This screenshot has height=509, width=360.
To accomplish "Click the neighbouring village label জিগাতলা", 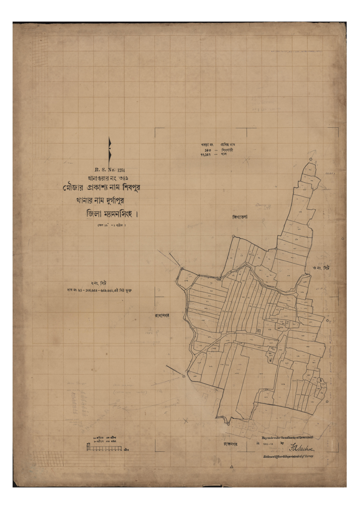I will [240, 217].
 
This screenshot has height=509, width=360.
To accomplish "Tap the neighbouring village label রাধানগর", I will [162, 316].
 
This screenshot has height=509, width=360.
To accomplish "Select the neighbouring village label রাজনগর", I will [231, 444].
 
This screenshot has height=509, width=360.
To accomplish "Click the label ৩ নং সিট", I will [321, 268].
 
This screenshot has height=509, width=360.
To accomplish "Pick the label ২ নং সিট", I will [99, 283].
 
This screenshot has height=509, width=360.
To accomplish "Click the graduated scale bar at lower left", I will [104, 448].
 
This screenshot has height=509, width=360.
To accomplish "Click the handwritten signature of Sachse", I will [302, 448].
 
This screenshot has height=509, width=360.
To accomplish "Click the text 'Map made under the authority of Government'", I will [287, 438].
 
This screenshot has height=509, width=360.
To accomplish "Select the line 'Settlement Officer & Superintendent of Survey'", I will [288, 457].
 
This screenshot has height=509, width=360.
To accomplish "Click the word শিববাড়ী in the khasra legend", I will [227, 150].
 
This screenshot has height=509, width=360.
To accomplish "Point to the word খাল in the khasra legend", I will [224, 154].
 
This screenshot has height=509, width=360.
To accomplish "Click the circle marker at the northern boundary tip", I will [310, 160].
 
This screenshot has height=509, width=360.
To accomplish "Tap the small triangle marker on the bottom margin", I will [232, 467].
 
